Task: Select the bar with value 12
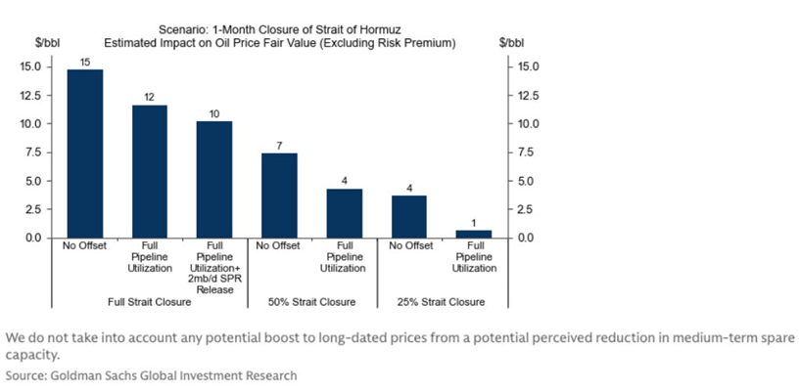click(x=150, y=171)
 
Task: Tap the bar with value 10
click(x=214, y=179)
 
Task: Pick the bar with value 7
click(x=279, y=196)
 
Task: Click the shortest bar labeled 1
click(x=474, y=234)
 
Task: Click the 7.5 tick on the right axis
click(x=526, y=152)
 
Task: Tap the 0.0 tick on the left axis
click(x=32, y=238)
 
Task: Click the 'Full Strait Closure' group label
click(x=149, y=302)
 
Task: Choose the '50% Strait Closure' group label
click(x=311, y=302)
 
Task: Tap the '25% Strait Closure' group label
click(x=442, y=302)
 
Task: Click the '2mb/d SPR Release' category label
click(x=214, y=278)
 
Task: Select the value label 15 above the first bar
click(x=84, y=61)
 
